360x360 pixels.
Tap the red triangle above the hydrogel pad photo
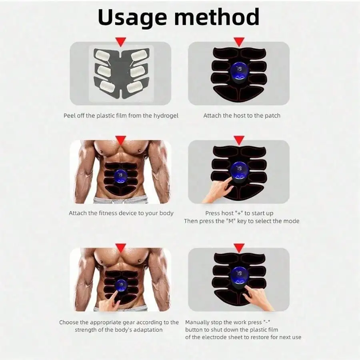pos(121,42)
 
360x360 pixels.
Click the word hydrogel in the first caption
pos(166,116)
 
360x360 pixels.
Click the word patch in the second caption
pos(272,116)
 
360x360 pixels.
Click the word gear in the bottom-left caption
pos(129,322)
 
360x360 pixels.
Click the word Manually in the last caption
pos(197,322)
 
